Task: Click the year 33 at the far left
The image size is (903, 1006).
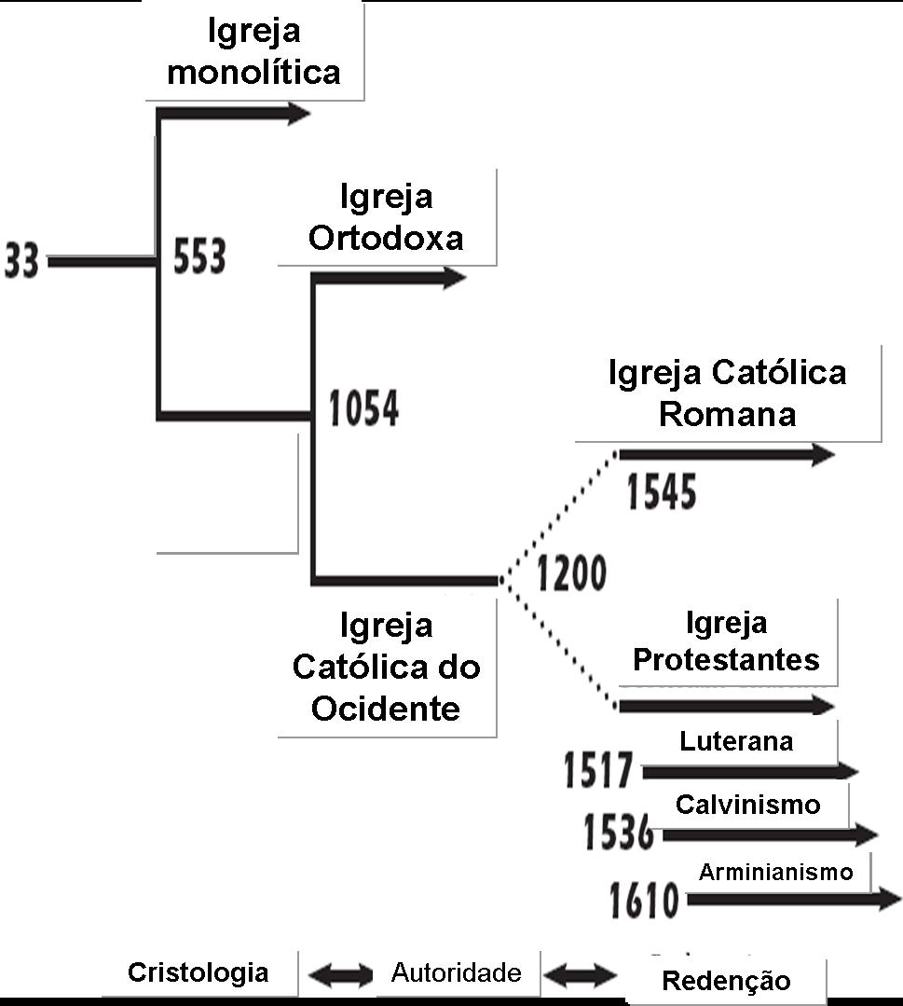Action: pos(21,261)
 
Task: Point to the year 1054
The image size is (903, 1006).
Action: pos(364,410)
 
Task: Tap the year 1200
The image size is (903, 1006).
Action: pos(570,573)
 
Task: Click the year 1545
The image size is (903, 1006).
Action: pos(662,491)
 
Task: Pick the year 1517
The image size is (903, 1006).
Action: pos(598,771)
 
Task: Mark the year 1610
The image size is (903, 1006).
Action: pos(644,900)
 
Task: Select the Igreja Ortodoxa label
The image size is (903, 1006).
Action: pos(386,217)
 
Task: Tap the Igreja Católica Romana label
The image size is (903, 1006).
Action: pos(727,393)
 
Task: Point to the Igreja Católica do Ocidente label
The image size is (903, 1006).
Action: pos(386,667)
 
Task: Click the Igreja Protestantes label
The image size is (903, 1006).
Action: pos(726,641)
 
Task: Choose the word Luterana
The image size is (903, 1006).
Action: pos(736,741)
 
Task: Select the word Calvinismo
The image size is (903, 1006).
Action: pos(748,804)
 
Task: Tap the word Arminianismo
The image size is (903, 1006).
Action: pos(775,873)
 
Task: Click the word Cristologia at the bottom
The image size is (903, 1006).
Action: pos(198,973)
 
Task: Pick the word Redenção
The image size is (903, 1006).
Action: pos(726,981)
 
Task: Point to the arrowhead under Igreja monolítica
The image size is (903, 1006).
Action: pos(296,114)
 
